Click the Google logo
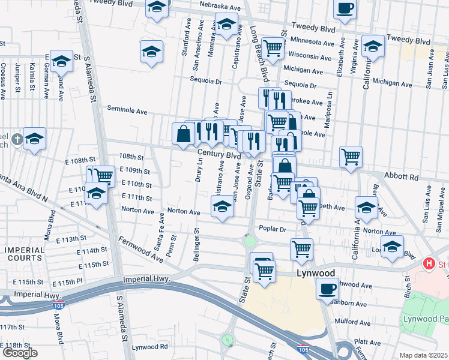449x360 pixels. (x=20, y=353)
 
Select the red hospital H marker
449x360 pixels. (x=429, y=263)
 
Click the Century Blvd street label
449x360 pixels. (x=220, y=155)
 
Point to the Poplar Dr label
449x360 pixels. (x=273, y=228)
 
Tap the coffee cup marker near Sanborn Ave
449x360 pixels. (x=328, y=288)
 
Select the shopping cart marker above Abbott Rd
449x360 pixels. (x=351, y=157)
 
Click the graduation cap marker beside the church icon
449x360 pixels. (x=35, y=139)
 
